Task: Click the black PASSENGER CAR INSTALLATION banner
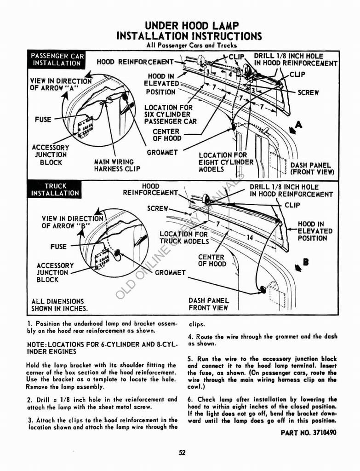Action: pos(57,59)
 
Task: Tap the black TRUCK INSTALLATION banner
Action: pos(55,190)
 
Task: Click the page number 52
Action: pos(182,453)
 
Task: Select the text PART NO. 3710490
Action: pos(309,433)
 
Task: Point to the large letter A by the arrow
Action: pos(299,124)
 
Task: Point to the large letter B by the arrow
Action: pos(305,263)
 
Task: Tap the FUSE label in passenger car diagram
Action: pos(43,120)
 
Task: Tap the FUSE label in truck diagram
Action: pos(58,247)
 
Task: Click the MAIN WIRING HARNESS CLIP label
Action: pos(114,165)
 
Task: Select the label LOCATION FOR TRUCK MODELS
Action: pos(183,238)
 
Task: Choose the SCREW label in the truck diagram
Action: pos(158,208)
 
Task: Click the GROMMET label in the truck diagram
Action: pos(170,273)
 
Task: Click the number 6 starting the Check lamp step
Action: pos(189,399)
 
